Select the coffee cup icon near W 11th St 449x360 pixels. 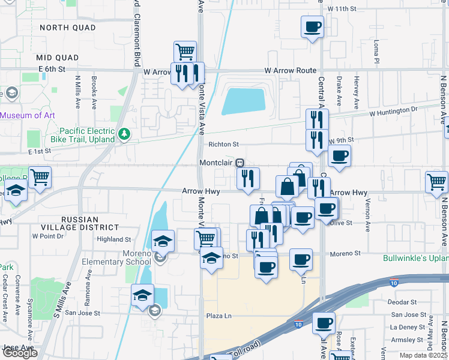(313, 27)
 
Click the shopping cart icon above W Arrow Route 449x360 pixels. (185, 52)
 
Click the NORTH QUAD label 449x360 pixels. (67, 28)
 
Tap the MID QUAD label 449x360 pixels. (58, 58)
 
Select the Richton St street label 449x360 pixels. (223, 145)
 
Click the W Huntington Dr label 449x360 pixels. (393, 111)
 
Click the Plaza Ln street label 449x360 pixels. (218, 316)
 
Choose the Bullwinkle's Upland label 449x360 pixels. (416, 259)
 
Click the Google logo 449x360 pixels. (20, 353)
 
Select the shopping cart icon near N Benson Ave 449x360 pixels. (436, 182)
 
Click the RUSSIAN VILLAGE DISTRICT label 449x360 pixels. (81, 223)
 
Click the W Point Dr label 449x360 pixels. (48, 236)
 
